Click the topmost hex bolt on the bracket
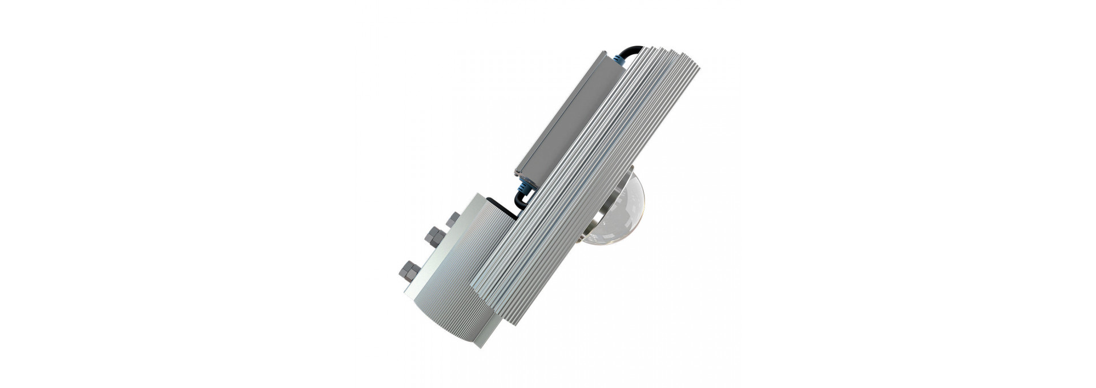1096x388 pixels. [x=454, y=218]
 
